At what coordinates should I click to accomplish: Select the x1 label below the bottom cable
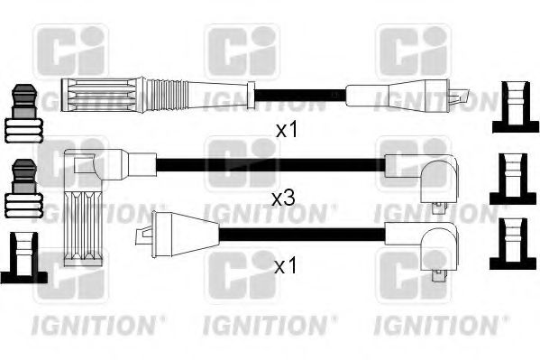285,268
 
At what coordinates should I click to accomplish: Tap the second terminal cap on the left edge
23,190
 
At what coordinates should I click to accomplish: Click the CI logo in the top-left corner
69,51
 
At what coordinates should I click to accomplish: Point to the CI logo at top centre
242,51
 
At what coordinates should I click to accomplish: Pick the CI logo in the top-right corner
412,51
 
